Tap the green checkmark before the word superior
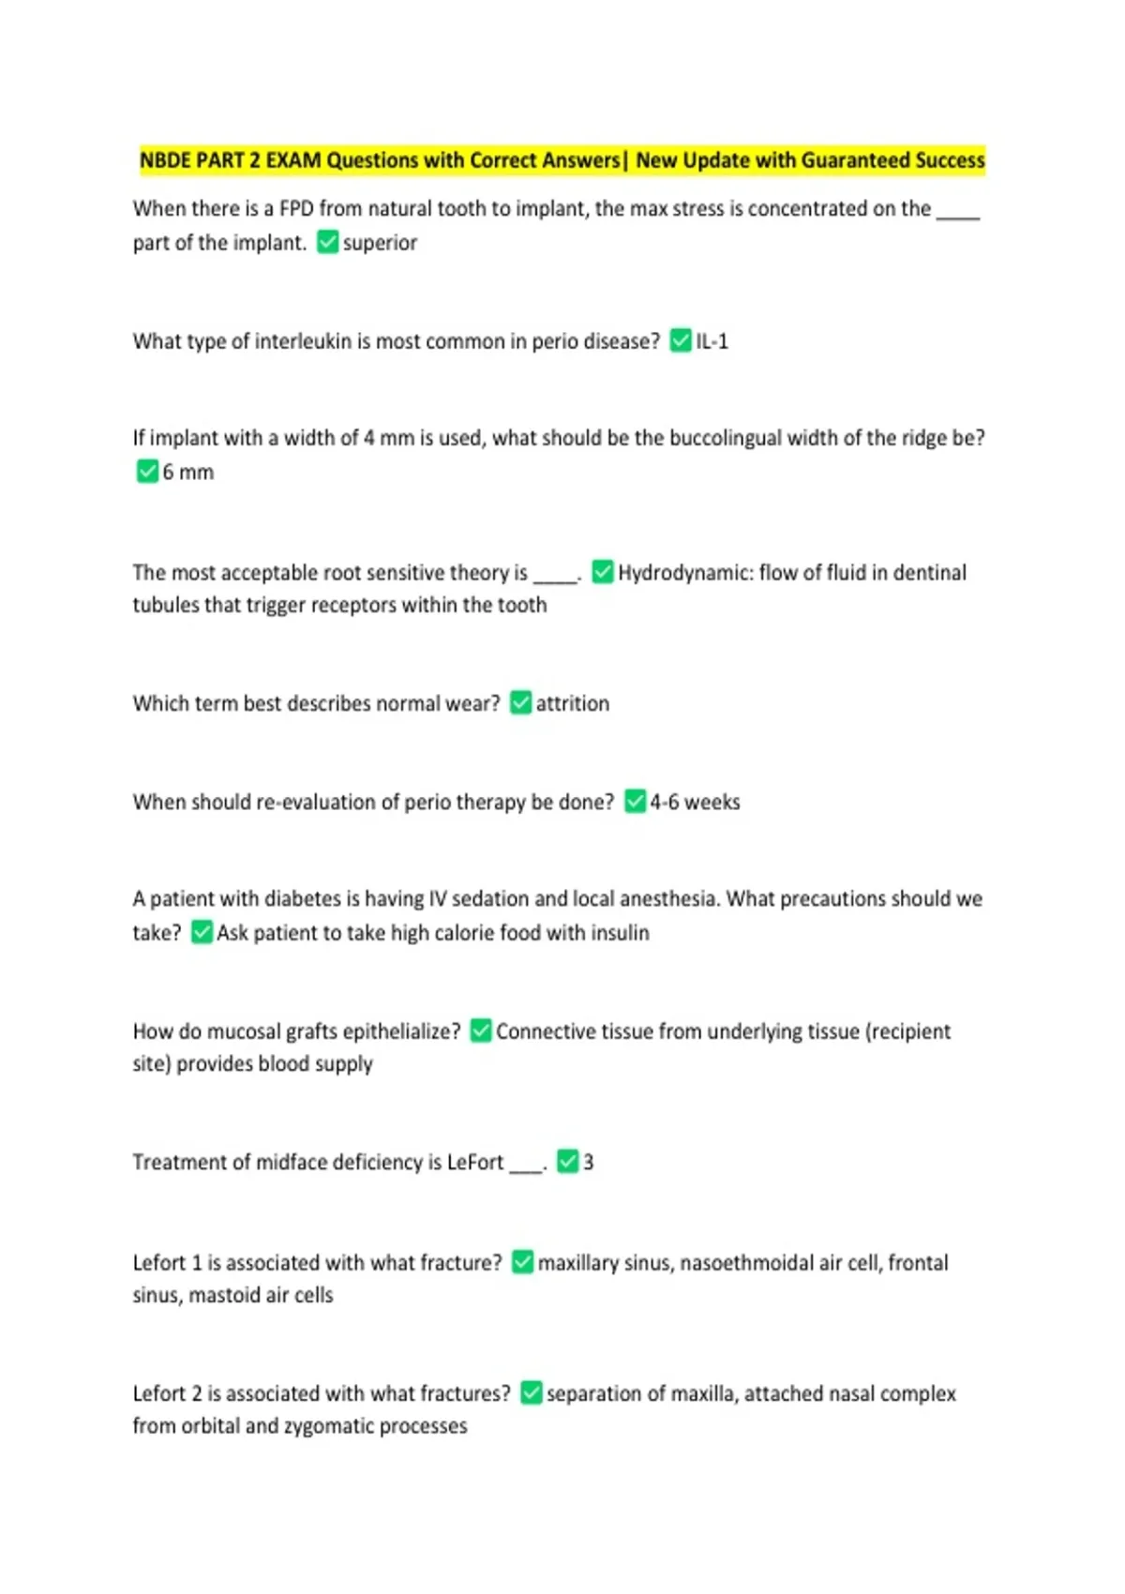[x=327, y=242]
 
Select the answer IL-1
[x=712, y=341]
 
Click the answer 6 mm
[x=187, y=472]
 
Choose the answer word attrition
[x=572, y=703]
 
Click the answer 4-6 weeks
[x=695, y=802]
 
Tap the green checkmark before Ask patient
[x=202, y=932]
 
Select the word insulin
[x=620, y=933]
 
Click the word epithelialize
[x=401, y=1031]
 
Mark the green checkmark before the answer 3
[x=567, y=1162]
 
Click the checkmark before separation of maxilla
[x=531, y=1393]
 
